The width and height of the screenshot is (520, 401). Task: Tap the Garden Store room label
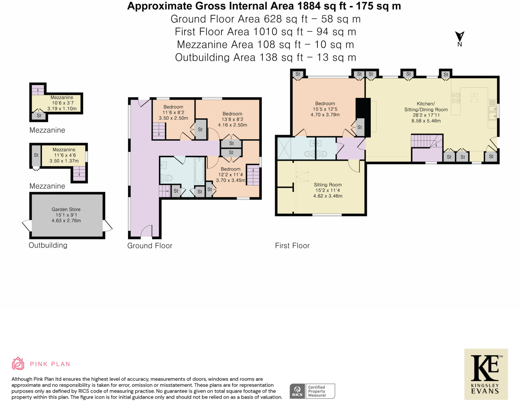(x=66, y=209)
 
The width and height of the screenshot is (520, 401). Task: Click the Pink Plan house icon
(x=18, y=363)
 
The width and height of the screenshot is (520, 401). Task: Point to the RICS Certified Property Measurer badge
(x=312, y=391)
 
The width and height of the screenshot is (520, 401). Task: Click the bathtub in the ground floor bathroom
(x=199, y=170)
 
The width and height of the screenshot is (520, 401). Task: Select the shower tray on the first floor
(x=284, y=148)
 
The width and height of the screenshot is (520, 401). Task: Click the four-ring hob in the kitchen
(x=456, y=98)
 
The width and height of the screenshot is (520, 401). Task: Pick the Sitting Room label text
(x=328, y=185)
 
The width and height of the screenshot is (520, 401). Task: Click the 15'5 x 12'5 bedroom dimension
(x=325, y=109)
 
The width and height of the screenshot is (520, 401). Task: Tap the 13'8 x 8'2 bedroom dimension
(x=232, y=119)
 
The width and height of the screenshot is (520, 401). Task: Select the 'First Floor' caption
(x=292, y=246)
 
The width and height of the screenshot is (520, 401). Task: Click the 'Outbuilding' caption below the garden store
(x=48, y=245)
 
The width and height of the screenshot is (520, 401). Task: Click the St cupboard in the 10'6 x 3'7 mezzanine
(x=39, y=116)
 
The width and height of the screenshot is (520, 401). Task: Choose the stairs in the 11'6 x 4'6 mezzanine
(x=79, y=174)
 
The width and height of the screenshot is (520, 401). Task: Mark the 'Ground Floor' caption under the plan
(x=150, y=246)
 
